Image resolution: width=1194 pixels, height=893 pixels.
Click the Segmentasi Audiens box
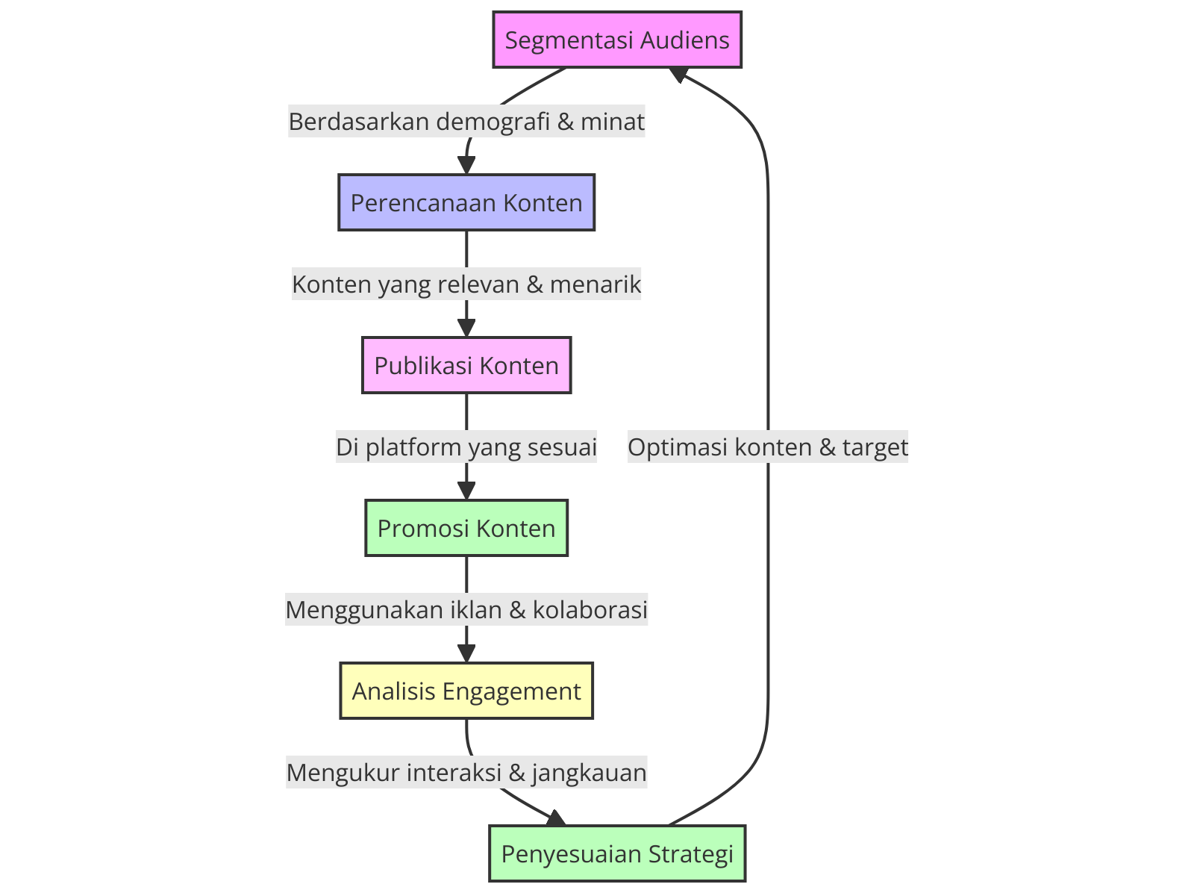617,40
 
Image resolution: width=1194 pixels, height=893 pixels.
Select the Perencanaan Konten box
466,202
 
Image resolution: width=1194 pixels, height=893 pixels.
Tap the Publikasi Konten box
466,365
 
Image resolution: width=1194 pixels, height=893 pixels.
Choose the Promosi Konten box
466,528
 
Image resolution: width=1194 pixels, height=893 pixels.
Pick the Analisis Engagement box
466,691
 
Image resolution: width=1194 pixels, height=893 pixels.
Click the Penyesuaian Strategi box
617,853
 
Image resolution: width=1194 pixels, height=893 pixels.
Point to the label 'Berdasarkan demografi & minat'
466,121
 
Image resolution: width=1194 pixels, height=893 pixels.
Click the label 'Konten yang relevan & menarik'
466,284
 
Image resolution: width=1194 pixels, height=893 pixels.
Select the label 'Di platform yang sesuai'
466,447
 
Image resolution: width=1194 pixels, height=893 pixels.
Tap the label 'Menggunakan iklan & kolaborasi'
466,610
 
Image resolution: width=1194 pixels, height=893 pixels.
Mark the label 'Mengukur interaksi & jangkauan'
466,773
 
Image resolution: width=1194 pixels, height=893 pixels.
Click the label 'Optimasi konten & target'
768,447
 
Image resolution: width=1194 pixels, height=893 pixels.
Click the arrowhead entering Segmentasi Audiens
679,73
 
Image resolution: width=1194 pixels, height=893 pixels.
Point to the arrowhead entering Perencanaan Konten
466,167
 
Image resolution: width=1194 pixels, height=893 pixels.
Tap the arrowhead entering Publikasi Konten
466,329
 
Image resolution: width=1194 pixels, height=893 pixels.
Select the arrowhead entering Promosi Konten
466,492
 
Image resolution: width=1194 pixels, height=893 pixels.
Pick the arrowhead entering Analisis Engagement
466,655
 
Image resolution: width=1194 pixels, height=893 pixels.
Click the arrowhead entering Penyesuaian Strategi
557,819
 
